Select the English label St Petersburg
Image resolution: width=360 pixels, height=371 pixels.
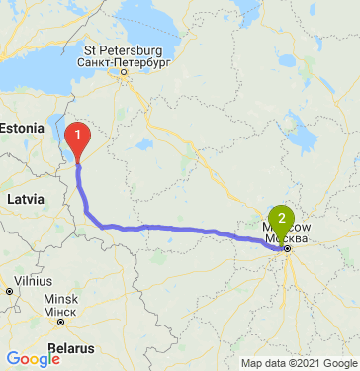point(123,49)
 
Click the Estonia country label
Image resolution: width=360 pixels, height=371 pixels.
point(22,128)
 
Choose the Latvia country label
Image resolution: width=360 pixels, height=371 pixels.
point(26,199)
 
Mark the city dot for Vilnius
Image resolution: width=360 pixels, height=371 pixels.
point(9,292)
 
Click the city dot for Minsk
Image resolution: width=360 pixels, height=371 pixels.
point(61,322)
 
